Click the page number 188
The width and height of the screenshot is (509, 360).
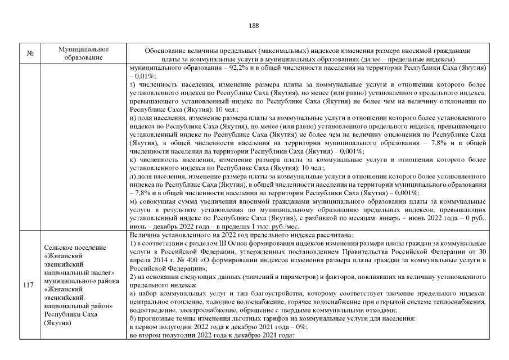click(x=254, y=25)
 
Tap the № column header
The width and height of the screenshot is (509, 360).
click(x=29, y=53)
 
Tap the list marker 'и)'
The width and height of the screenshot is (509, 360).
click(x=133, y=119)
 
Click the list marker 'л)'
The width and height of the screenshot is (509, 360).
click(x=133, y=177)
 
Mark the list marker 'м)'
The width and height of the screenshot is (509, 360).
click(x=133, y=201)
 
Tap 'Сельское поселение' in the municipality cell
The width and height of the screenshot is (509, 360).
click(x=73, y=248)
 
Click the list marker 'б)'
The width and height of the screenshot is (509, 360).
click(x=133, y=318)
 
